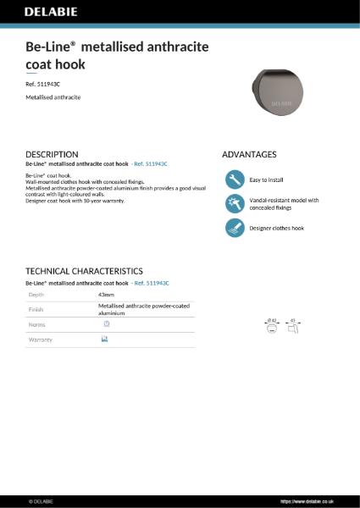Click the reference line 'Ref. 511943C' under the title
pyautogui.click(x=42, y=85)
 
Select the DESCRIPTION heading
pyautogui.click(x=52, y=155)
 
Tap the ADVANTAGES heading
pyautogui.click(x=249, y=155)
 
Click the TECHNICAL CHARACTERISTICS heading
pyautogui.click(x=90, y=271)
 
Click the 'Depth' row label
pyautogui.click(x=36, y=294)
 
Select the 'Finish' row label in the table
pyautogui.click(x=36, y=309)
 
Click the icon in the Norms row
pyautogui.click(x=106, y=323)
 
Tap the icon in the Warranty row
pyautogui.click(x=105, y=339)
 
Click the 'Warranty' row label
pyautogui.click(x=41, y=340)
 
